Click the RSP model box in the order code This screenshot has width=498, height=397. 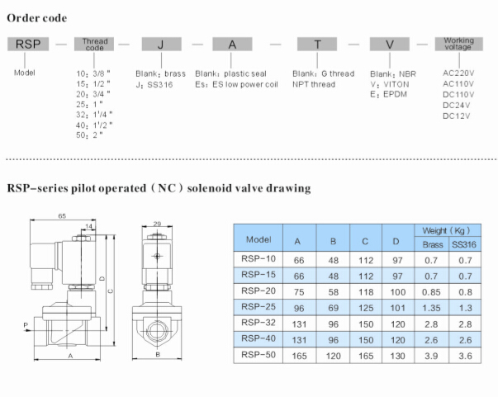tap(28, 44)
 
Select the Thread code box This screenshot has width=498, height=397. tap(94, 44)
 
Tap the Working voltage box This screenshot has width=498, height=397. tap(458, 44)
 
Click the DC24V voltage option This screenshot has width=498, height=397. tap(456, 106)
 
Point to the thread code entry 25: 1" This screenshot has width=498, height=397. tap(89, 104)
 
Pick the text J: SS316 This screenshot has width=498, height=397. tap(154, 85)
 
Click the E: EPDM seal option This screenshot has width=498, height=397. tap(388, 94)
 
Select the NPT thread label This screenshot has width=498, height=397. tap(314, 84)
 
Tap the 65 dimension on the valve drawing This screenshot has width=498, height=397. tap(62, 215)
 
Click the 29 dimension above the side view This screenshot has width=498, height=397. tap(157, 224)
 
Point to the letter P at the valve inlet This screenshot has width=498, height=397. tap(26, 325)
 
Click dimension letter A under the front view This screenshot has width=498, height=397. tap(70, 356)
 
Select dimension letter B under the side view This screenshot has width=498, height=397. tap(158, 354)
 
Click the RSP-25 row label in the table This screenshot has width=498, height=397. tap(258, 306)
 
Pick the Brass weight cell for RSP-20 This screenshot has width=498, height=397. tap(431, 292)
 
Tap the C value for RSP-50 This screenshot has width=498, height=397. tap(366, 356)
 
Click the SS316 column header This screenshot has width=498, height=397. tap(464, 244)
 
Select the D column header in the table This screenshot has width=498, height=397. tap(396, 241)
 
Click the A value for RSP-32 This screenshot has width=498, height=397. tap(299, 324)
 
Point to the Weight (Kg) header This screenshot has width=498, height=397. tap(447, 231)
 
